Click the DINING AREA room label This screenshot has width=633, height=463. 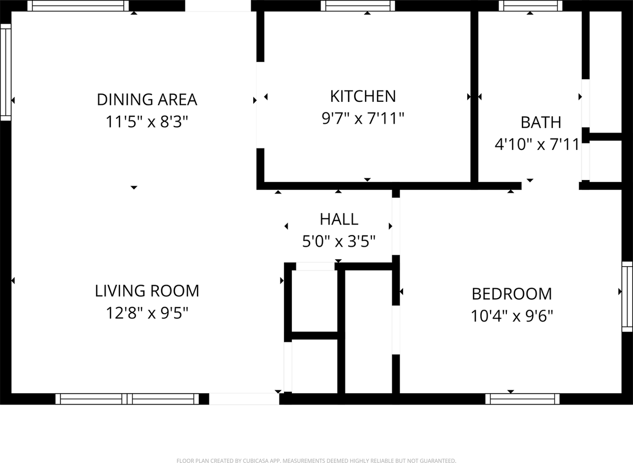[x=147, y=99]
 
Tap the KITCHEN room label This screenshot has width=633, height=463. [x=363, y=96]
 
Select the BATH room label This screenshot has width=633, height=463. [x=541, y=122]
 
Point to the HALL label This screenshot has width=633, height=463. [x=339, y=219]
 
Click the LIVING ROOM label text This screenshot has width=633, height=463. [x=147, y=291]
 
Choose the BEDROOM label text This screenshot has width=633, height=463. [x=511, y=294]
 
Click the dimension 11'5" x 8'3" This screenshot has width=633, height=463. [x=147, y=122]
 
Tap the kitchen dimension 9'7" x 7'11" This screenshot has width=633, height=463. [x=363, y=118]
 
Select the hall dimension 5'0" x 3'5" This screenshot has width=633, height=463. [x=339, y=241]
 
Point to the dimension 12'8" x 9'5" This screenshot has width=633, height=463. [x=147, y=313]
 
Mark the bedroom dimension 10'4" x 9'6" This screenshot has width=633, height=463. [x=511, y=316]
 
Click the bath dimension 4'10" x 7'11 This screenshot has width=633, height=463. [x=537, y=145]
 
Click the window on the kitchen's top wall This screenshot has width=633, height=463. [x=358, y=6]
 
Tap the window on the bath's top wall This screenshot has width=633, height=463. [x=531, y=6]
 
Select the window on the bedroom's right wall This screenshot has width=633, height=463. [x=627, y=296]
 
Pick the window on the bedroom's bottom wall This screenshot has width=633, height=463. [x=522, y=399]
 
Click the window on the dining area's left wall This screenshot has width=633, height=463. [x=5, y=72]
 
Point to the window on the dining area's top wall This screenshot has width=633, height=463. [x=78, y=6]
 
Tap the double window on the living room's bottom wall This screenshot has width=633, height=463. [x=127, y=399]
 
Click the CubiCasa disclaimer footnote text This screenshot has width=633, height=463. [x=316, y=461]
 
